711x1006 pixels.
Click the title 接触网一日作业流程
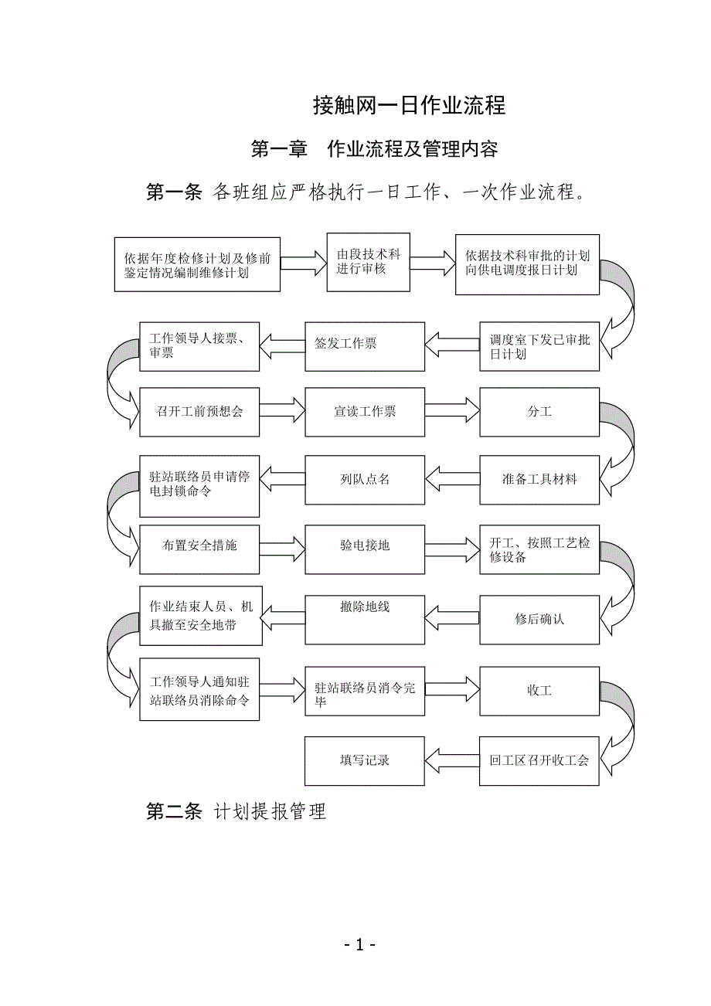click(409, 106)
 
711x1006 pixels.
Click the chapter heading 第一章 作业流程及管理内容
click(374, 149)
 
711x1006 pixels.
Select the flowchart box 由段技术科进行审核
click(368, 262)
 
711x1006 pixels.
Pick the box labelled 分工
click(539, 412)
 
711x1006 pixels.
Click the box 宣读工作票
click(365, 412)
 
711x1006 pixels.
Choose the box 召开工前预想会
click(199, 412)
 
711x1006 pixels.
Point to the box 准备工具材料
click(539, 479)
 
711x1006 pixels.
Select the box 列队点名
click(365, 479)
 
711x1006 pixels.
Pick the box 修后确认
click(539, 620)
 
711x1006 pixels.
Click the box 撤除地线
click(365, 620)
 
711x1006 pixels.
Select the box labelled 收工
click(539, 690)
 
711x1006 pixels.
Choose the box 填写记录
click(365, 761)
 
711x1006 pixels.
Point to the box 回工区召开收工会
click(539, 761)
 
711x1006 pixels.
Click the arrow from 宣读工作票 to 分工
click(452, 410)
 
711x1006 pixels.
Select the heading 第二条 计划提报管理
click(236, 811)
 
